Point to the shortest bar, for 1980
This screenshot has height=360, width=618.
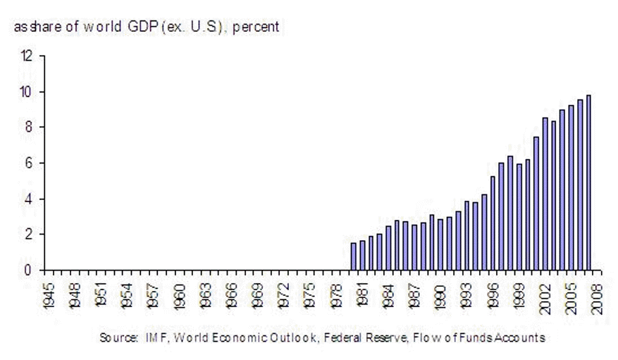354,256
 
